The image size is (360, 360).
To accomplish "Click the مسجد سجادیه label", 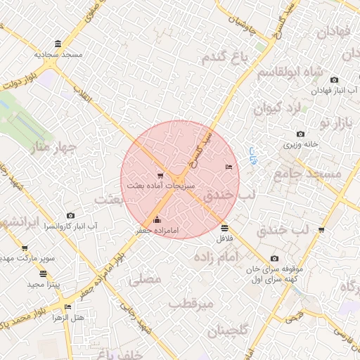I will click(59, 54).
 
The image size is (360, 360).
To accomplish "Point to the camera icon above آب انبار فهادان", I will click(334, 79).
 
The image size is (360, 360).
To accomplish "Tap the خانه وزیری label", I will click(302, 144).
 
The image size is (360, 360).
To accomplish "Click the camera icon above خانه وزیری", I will click(301, 134).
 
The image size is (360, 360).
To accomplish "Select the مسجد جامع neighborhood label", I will click(307, 173).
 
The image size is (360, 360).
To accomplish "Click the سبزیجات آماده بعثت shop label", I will click(160, 186).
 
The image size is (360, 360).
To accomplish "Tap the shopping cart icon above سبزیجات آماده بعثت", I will click(161, 175).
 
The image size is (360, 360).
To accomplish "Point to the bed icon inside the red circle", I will click(228, 167).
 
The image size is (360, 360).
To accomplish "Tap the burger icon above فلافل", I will click(224, 228).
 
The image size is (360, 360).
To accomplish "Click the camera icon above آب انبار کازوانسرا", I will click(70, 215).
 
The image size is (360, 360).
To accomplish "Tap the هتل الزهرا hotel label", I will click(68, 317).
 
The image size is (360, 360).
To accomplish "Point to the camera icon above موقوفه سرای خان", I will click(274, 258).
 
